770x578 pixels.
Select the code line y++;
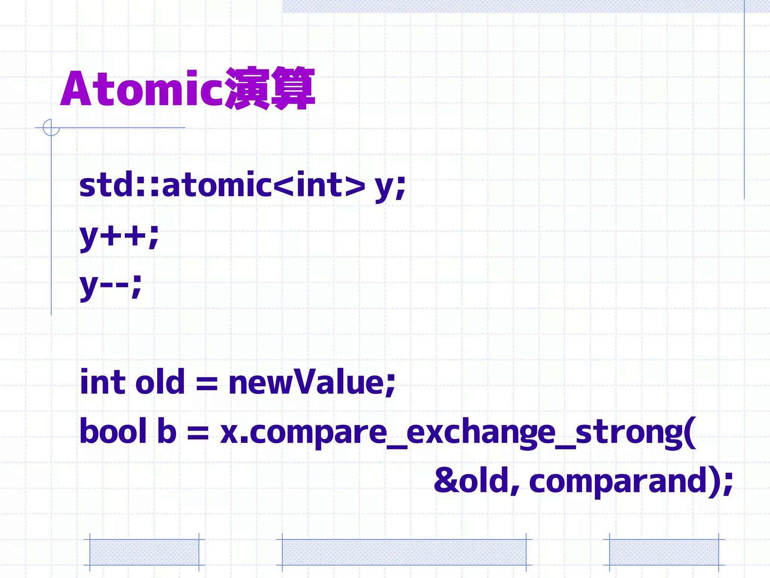119,236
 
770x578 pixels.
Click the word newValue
312,382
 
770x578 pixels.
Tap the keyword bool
113,431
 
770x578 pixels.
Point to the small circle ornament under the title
51,128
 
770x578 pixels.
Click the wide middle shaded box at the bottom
404,552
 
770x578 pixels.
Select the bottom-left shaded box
144,552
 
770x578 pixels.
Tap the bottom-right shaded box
664,552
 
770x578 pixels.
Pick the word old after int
160,382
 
